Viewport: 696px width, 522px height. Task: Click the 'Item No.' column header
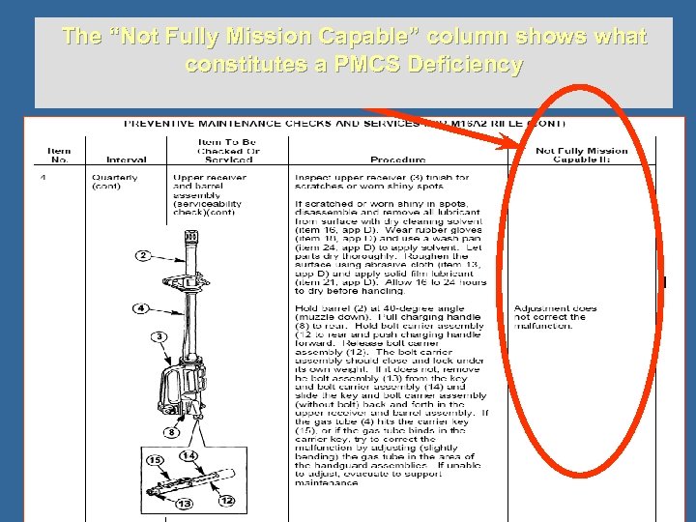click(x=60, y=155)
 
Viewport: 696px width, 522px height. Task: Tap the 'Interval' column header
click(x=127, y=159)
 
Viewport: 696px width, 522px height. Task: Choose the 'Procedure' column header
click(x=398, y=159)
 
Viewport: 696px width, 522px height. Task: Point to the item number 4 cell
click(x=43, y=177)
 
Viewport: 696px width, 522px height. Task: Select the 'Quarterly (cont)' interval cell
click(x=115, y=182)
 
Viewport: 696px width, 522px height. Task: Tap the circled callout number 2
click(x=142, y=255)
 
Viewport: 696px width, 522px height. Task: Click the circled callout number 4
click(x=140, y=308)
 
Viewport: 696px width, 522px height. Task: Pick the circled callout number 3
click(x=159, y=335)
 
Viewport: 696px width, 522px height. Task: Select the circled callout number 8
click(x=171, y=432)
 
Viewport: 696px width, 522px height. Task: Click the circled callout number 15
click(x=155, y=459)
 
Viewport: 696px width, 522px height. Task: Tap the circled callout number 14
click(x=188, y=454)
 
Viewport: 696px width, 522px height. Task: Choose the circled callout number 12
click(x=227, y=500)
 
